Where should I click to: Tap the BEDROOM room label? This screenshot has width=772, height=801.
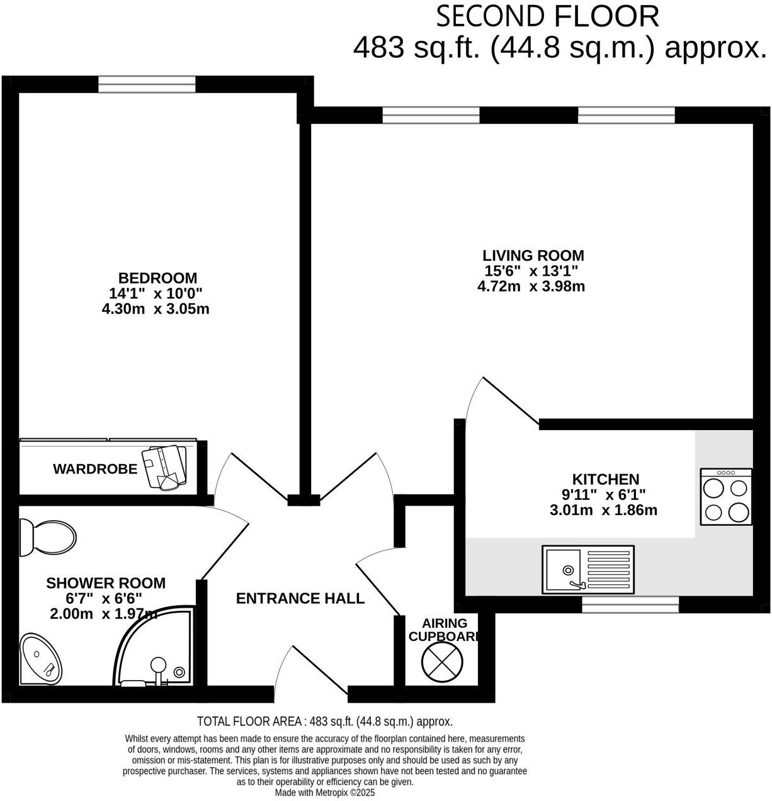pyautogui.click(x=157, y=278)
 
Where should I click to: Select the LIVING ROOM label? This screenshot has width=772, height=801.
pyautogui.click(x=533, y=256)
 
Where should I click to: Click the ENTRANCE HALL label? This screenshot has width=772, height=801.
pyautogui.click(x=300, y=598)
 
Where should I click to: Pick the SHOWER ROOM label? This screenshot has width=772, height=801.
pyautogui.click(x=106, y=583)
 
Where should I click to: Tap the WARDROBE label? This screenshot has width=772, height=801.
pyautogui.click(x=95, y=469)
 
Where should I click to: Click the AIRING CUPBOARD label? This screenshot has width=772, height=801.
pyautogui.click(x=444, y=630)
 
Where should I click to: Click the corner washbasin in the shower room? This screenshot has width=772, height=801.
pyautogui.click(x=40, y=659)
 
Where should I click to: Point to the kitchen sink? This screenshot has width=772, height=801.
pyautogui.click(x=588, y=569)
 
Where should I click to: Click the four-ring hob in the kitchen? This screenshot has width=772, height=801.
pyautogui.click(x=725, y=497)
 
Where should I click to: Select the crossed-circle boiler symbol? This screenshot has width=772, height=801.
pyautogui.click(x=443, y=663)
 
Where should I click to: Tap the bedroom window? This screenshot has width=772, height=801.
pyautogui.click(x=147, y=84)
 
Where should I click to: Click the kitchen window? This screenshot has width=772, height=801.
pyautogui.click(x=630, y=605)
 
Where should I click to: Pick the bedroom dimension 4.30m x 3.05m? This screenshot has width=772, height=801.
pyautogui.click(x=155, y=309)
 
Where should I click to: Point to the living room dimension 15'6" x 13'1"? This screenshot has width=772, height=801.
pyautogui.click(x=531, y=271)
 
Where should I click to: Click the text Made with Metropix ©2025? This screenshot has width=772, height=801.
pyautogui.click(x=324, y=793)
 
